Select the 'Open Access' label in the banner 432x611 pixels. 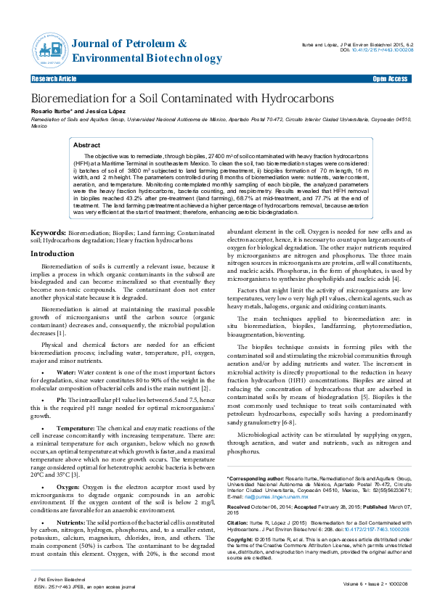click(390, 78)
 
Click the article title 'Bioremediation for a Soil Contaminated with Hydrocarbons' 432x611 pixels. click(182, 98)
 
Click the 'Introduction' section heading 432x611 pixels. click(52, 234)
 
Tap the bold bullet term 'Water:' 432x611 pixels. click(66, 372)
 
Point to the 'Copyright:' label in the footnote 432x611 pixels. click(240, 541)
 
